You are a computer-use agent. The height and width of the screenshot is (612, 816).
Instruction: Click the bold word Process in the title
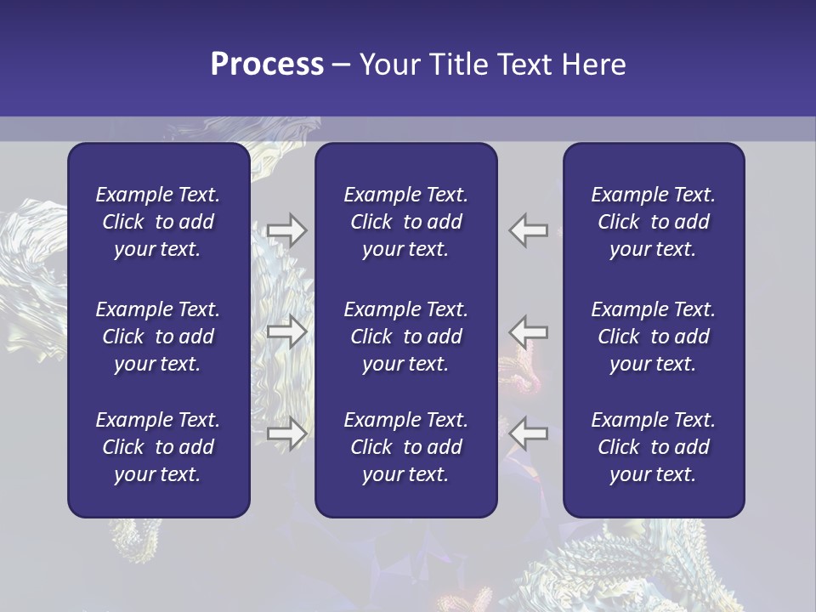click(267, 65)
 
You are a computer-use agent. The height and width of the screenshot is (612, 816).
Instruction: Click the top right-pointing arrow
click(286, 230)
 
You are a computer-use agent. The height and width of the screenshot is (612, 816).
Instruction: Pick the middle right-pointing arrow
click(286, 331)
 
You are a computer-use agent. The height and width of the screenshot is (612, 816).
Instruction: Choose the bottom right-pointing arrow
click(286, 433)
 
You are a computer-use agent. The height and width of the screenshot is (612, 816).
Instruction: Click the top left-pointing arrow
click(529, 230)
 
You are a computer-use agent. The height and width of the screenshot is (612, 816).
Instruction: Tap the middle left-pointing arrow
click(529, 331)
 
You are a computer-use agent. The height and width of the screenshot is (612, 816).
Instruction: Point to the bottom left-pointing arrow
click(529, 433)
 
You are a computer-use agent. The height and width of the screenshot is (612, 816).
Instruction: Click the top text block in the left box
click(158, 222)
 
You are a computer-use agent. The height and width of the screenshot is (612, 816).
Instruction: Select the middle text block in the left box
click(158, 337)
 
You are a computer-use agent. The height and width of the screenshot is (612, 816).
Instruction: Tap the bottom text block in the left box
click(158, 447)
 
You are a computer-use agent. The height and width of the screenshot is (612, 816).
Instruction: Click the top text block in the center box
click(405, 222)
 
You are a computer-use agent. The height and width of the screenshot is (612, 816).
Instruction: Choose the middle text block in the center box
click(405, 337)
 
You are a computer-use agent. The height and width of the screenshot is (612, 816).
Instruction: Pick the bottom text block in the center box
click(405, 447)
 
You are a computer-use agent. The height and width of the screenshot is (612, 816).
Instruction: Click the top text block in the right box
click(654, 222)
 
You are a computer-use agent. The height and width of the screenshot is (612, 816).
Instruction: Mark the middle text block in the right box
click(654, 337)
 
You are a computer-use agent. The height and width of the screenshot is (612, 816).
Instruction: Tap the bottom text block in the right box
click(654, 447)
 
